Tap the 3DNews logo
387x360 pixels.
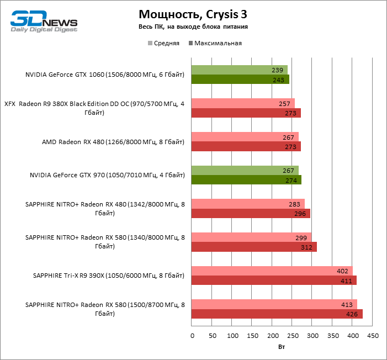(44, 20)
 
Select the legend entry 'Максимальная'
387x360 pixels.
(215, 43)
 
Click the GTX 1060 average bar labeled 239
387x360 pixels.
(239, 70)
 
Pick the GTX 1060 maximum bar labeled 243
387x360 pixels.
(240, 80)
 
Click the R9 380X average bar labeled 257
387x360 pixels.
(243, 103)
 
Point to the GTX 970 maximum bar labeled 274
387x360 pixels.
(246, 180)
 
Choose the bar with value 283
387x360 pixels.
(248, 204)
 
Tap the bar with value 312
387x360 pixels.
(254, 247)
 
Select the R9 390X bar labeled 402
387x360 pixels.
(272, 271)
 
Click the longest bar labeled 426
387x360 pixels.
(277, 314)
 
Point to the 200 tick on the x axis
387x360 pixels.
(272, 335)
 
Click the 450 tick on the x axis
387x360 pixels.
(373, 335)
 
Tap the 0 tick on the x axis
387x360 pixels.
(192, 335)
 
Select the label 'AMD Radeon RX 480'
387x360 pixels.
(113, 142)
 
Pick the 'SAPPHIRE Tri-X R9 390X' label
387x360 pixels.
(109, 276)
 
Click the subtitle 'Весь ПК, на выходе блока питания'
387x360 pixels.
(193, 27)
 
